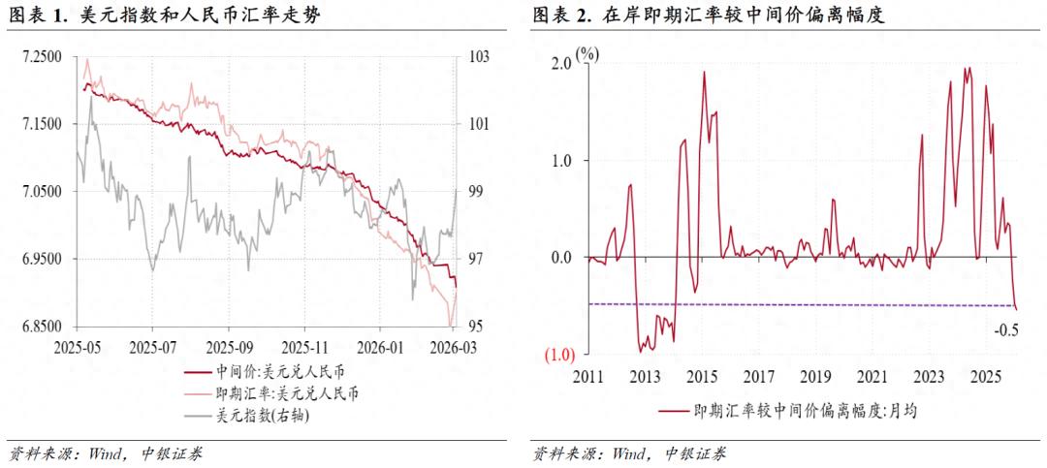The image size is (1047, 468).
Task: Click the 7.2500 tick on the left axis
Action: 42,57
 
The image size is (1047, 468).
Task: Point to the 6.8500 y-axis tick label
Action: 42,327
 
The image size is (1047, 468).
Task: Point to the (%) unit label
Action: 588,53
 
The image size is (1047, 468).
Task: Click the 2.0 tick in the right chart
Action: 562,63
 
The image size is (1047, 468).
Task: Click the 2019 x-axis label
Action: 816,376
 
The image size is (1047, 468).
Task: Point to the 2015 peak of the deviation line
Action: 704,73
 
